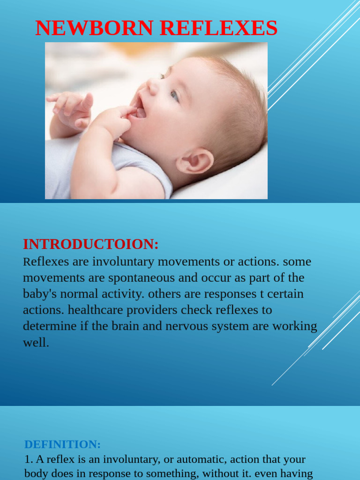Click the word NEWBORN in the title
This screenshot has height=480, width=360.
(94, 28)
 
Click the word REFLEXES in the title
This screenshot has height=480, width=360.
(218, 28)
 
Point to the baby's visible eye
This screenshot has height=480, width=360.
(174, 96)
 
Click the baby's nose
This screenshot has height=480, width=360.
(152, 87)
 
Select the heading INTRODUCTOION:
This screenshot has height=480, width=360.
(91, 244)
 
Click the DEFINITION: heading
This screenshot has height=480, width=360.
(62, 444)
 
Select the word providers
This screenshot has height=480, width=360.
(157, 310)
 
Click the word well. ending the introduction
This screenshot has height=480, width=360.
(36, 343)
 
